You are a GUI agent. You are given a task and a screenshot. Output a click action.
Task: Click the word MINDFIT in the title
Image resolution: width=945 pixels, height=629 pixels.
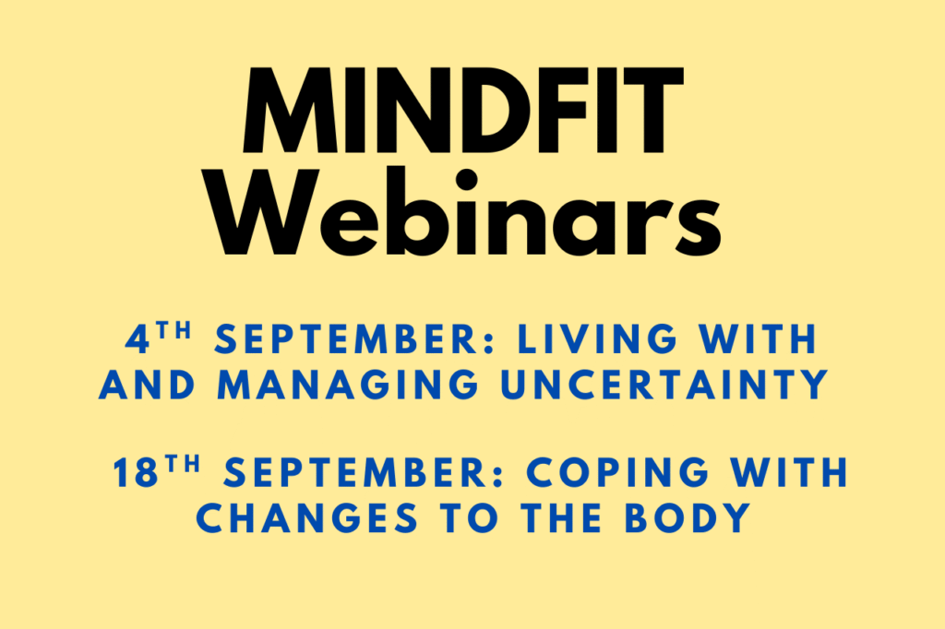pyautogui.click(x=463, y=111)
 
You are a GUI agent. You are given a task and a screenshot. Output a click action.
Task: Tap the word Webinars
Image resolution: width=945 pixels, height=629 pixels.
pyautogui.click(x=467, y=212)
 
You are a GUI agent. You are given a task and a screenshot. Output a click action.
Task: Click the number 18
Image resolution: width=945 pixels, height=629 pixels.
pyautogui.click(x=136, y=472)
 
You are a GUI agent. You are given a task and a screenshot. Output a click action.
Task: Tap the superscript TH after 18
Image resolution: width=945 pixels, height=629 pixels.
pyautogui.click(x=184, y=464)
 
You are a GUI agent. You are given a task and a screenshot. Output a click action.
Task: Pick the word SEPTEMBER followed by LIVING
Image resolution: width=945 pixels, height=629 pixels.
pyautogui.click(x=354, y=339)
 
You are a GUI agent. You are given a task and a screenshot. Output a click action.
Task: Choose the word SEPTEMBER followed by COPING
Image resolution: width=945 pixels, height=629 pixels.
pyautogui.click(x=364, y=472)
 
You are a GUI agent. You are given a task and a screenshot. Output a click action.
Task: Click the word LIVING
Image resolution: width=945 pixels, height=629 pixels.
pyautogui.click(x=597, y=339)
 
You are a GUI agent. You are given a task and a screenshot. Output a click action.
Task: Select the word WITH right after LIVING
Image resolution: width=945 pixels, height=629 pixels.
pyautogui.click(x=758, y=339)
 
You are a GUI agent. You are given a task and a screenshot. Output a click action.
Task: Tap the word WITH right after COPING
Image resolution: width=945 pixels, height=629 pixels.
pyautogui.click(x=790, y=472)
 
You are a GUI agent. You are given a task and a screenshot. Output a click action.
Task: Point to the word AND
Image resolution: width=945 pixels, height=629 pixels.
pyautogui.click(x=148, y=385)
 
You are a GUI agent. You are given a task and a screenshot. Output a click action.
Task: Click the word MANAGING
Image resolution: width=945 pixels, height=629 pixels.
pyautogui.click(x=348, y=385)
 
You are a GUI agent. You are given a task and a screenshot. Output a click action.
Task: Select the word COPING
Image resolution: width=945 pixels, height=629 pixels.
pyautogui.click(x=617, y=472)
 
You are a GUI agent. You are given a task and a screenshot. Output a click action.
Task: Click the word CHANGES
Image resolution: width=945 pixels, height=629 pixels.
pyautogui.click(x=306, y=518)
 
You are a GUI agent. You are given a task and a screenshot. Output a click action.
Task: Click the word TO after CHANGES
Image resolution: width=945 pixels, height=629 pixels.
pyautogui.click(x=469, y=518)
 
